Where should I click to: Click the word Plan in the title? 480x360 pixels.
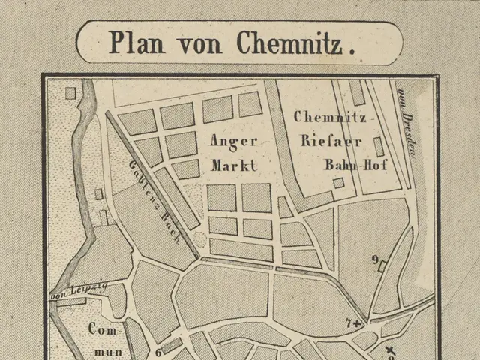(137, 43)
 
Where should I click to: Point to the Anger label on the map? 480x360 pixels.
(233, 141)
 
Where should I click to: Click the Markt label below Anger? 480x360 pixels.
(233, 164)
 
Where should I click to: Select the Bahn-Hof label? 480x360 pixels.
(355, 164)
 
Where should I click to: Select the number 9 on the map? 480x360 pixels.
(374, 259)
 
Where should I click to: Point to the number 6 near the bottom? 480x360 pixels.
(158, 351)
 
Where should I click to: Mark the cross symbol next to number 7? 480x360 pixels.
(357, 322)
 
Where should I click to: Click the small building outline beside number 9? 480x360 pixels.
(384, 265)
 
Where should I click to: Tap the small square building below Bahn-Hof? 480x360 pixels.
(339, 182)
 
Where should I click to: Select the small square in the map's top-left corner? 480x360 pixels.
(70, 93)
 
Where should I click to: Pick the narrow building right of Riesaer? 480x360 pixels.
(379, 146)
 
